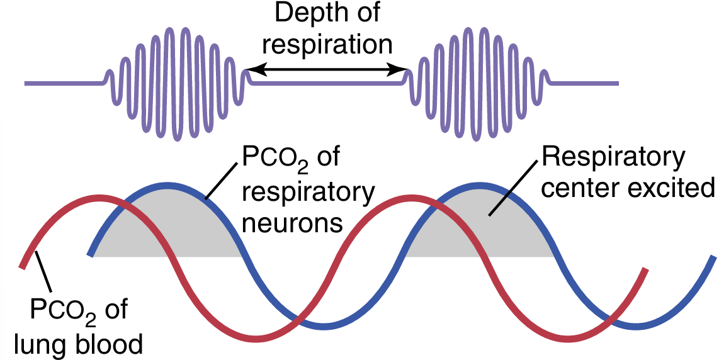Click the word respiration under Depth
tap(327, 45)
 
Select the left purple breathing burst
tap(177, 82)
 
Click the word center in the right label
tap(575, 188)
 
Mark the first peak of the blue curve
tap(167, 186)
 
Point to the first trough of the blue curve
tap(325, 325)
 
